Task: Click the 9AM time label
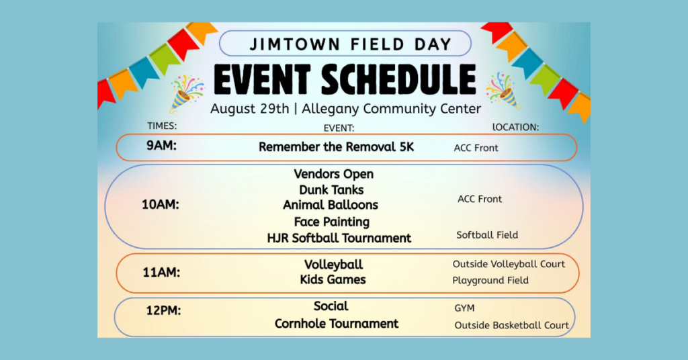coord(161,146)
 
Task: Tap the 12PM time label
coord(163,310)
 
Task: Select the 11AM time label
coord(161,272)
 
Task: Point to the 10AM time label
coord(160,204)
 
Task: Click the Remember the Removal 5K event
coord(336,147)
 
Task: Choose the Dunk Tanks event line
coord(331,190)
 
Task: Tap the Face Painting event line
coord(332,222)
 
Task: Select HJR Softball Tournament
coord(339,238)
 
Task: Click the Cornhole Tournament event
coord(337,324)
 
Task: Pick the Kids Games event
coord(333,280)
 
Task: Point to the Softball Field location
coord(487,235)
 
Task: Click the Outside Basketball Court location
coord(511,325)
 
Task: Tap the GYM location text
coord(464,308)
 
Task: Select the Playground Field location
coord(490,281)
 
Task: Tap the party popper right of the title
coord(503,91)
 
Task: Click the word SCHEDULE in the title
coord(398,80)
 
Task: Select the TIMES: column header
coord(162,126)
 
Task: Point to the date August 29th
coord(250,109)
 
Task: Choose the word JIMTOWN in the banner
coord(295,44)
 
